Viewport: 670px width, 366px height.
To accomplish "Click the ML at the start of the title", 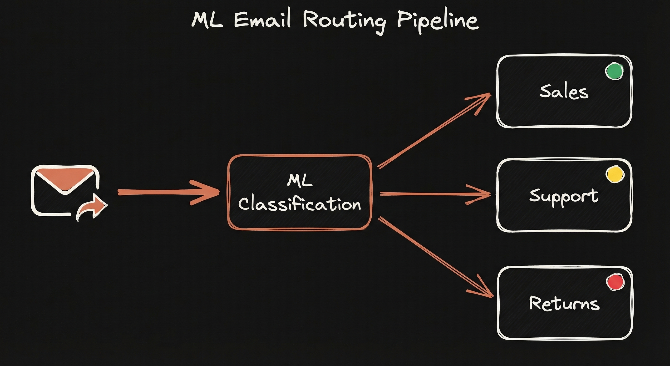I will pos(207,20).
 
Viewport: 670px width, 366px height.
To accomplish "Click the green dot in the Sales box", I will pos(614,71).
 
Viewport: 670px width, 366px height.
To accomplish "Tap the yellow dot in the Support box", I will pos(615,174).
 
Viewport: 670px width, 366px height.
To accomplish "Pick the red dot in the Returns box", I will pos(615,282).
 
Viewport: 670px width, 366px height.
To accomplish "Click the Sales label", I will pos(564,92).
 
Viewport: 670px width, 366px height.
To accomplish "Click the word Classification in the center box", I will pos(300,204).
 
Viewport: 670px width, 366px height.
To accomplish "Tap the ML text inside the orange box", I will pos(300,181).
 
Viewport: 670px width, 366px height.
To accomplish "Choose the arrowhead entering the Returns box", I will pos(485,290).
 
